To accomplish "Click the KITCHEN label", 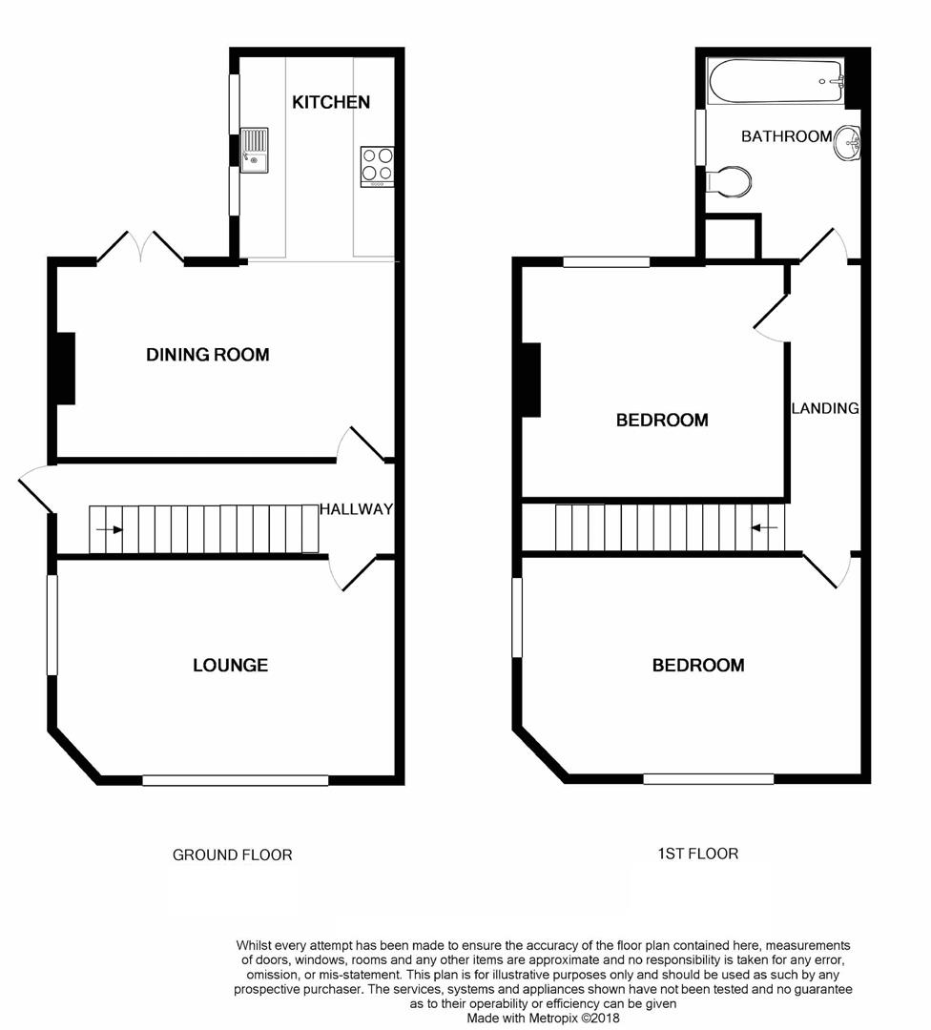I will point(331,102).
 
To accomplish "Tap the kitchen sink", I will point(254,150).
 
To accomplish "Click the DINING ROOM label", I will point(207,355).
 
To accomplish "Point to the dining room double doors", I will point(140,246).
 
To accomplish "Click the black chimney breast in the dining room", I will point(65,368).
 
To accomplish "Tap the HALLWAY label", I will point(356,509).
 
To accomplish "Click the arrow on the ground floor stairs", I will point(109,529).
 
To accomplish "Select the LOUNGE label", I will point(230,665).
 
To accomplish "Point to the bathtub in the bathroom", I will point(776,82).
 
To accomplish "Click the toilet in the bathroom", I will point(731,180).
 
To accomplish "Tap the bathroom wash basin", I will point(848,145).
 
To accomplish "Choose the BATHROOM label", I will point(786,136).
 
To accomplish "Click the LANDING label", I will point(825,408).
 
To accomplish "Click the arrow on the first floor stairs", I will point(765,526).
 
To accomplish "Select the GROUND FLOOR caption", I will point(232,855).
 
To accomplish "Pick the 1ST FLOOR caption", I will point(697,854).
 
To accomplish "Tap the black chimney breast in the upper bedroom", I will point(529,380).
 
